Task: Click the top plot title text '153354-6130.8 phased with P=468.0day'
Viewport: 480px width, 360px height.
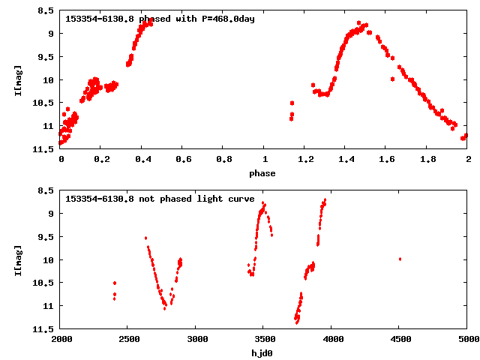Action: (x=160, y=18)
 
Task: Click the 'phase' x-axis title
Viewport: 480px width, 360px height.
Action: (x=262, y=173)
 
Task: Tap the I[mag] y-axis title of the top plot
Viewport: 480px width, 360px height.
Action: (x=18, y=79)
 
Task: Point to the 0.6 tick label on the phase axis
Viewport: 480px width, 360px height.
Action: (x=182, y=160)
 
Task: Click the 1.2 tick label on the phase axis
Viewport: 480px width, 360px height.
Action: (x=305, y=160)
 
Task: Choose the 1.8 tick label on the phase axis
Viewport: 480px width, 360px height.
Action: (x=427, y=160)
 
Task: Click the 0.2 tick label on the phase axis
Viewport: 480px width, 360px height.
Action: (x=101, y=160)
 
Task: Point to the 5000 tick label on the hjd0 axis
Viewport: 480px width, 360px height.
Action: (x=466, y=339)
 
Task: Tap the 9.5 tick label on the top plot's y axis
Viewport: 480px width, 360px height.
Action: (x=45, y=57)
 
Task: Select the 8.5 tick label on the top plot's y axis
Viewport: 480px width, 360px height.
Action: (x=45, y=11)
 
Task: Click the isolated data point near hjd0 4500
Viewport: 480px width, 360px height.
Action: (x=400, y=259)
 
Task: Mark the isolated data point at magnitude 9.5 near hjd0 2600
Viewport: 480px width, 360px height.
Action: (x=145, y=238)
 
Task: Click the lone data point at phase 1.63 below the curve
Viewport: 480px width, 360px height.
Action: (x=392, y=79)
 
